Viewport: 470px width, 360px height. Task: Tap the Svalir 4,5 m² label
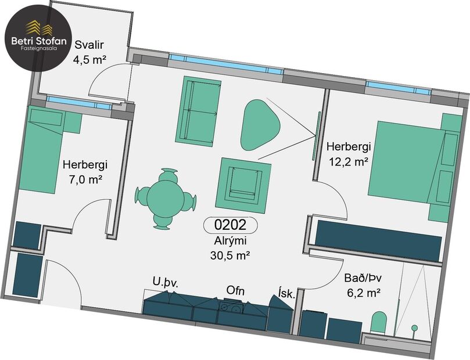pyautogui.click(x=87, y=51)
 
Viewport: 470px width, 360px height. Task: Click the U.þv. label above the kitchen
pyautogui.click(x=165, y=283)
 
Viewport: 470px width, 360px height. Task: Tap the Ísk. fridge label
pyautogui.click(x=287, y=294)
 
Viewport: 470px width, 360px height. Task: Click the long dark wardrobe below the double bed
pyautogui.click(x=378, y=239)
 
